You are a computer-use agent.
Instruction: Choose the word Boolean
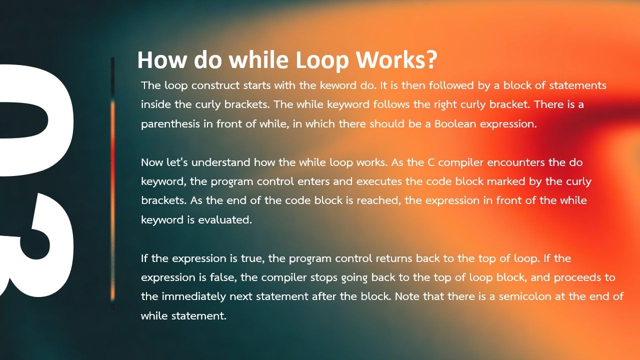point(455,123)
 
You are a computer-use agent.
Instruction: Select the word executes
point(379,181)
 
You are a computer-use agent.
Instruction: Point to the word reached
point(379,200)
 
